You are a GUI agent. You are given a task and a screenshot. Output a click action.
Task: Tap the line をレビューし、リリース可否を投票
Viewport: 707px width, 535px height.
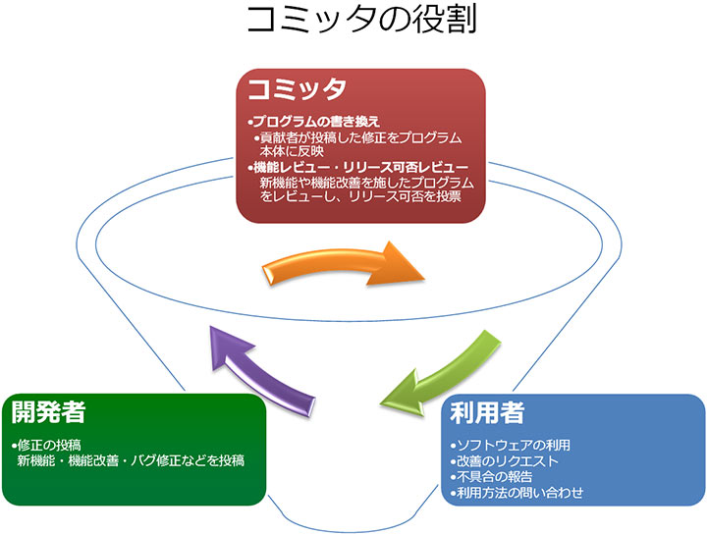click(360, 197)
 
